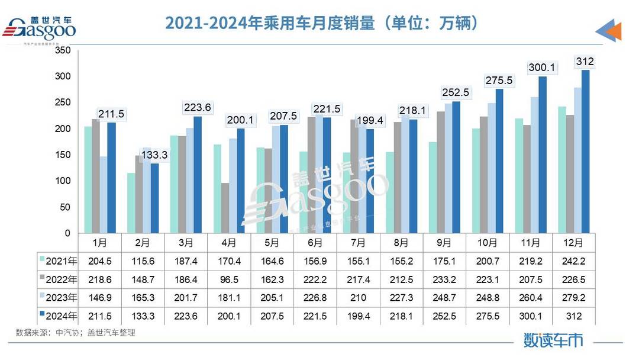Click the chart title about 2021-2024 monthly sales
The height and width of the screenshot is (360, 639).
point(322,23)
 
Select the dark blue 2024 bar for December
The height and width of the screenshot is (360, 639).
point(585,152)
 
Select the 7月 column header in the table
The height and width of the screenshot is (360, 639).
point(358,242)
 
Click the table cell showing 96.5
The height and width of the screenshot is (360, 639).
point(229,279)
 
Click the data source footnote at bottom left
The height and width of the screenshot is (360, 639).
point(76,333)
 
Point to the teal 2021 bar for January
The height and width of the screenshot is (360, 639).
point(88,180)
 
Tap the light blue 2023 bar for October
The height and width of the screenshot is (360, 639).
point(491,168)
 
